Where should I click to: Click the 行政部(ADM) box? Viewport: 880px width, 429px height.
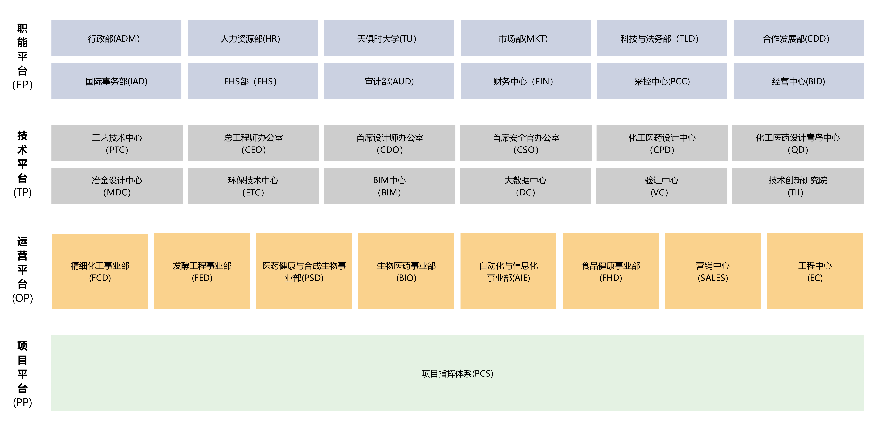click(x=116, y=38)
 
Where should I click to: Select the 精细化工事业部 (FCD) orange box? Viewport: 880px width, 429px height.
click(x=100, y=271)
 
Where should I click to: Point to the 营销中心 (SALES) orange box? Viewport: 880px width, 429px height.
click(x=713, y=271)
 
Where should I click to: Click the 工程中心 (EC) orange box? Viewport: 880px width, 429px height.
click(x=815, y=271)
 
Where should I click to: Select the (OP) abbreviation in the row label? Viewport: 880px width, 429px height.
click(x=23, y=298)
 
